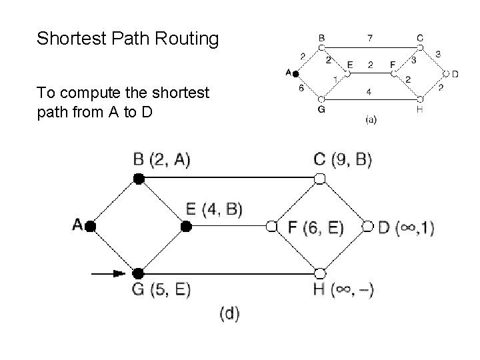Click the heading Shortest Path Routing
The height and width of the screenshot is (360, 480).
(x=127, y=39)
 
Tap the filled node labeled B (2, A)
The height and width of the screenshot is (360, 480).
(x=138, y=178)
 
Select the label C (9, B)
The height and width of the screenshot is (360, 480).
(x=342, y=159)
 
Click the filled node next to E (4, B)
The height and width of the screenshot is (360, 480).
(x=187, y=227)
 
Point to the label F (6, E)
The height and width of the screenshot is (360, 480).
(x=315, y=227)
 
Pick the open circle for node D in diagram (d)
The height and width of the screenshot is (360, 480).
(x=368, y=227)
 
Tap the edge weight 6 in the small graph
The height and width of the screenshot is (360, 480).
(x=301, y=87)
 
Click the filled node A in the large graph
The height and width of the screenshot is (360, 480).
(x=91, y=227)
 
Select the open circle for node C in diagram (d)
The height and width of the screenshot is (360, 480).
(x=320, y=178)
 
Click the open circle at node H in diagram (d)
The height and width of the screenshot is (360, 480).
(x=320, y=273)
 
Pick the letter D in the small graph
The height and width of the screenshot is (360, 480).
(x=455, y=73)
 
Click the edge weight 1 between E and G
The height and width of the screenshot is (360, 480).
(x=335, y=79)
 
